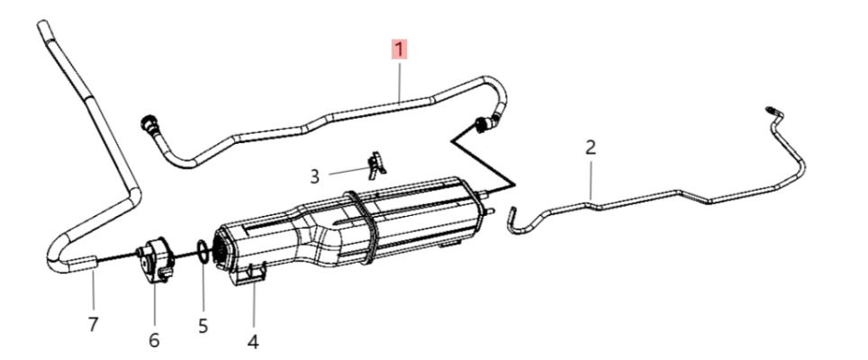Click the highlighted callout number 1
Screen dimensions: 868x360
tap(400, 49)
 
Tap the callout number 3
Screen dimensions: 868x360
tap(314, 177)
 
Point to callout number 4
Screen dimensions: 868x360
tap(253, 342)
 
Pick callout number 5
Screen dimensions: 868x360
tap(203, 326)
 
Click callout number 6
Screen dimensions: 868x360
tap(154, 340)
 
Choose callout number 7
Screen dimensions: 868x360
tap(93, 324)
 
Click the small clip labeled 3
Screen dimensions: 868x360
tap(376, 164)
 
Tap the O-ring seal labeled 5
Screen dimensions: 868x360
tap(203, 252)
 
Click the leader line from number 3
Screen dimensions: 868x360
tap(348, 171)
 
